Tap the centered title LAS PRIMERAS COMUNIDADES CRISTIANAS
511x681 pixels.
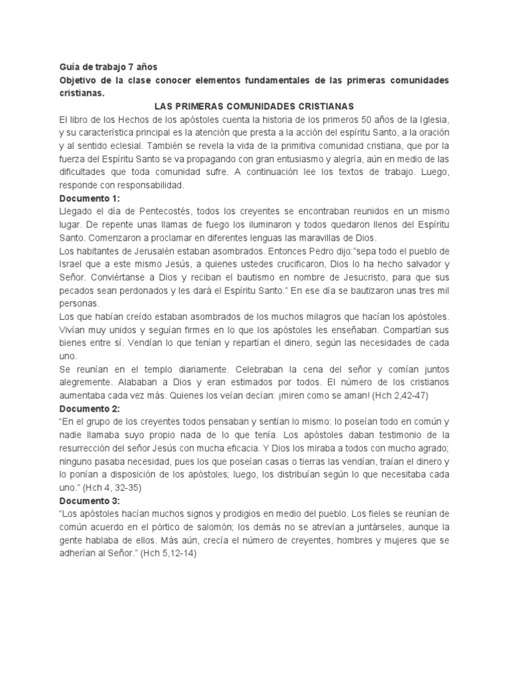pyautogui.click(x=255, y=106)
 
